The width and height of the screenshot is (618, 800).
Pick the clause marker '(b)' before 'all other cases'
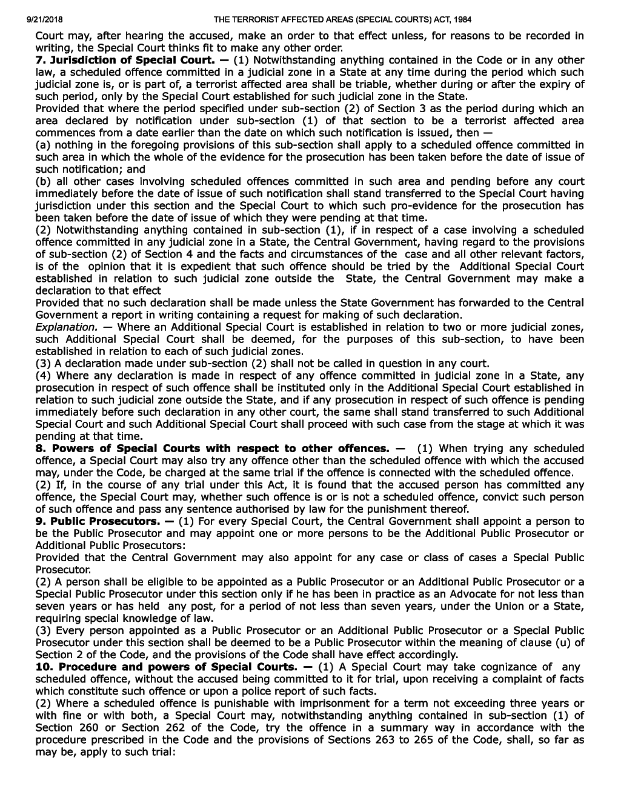(43, 181)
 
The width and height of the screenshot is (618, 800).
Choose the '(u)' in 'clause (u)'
(560, 642)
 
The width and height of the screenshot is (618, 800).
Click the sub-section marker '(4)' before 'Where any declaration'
(43, 376)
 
